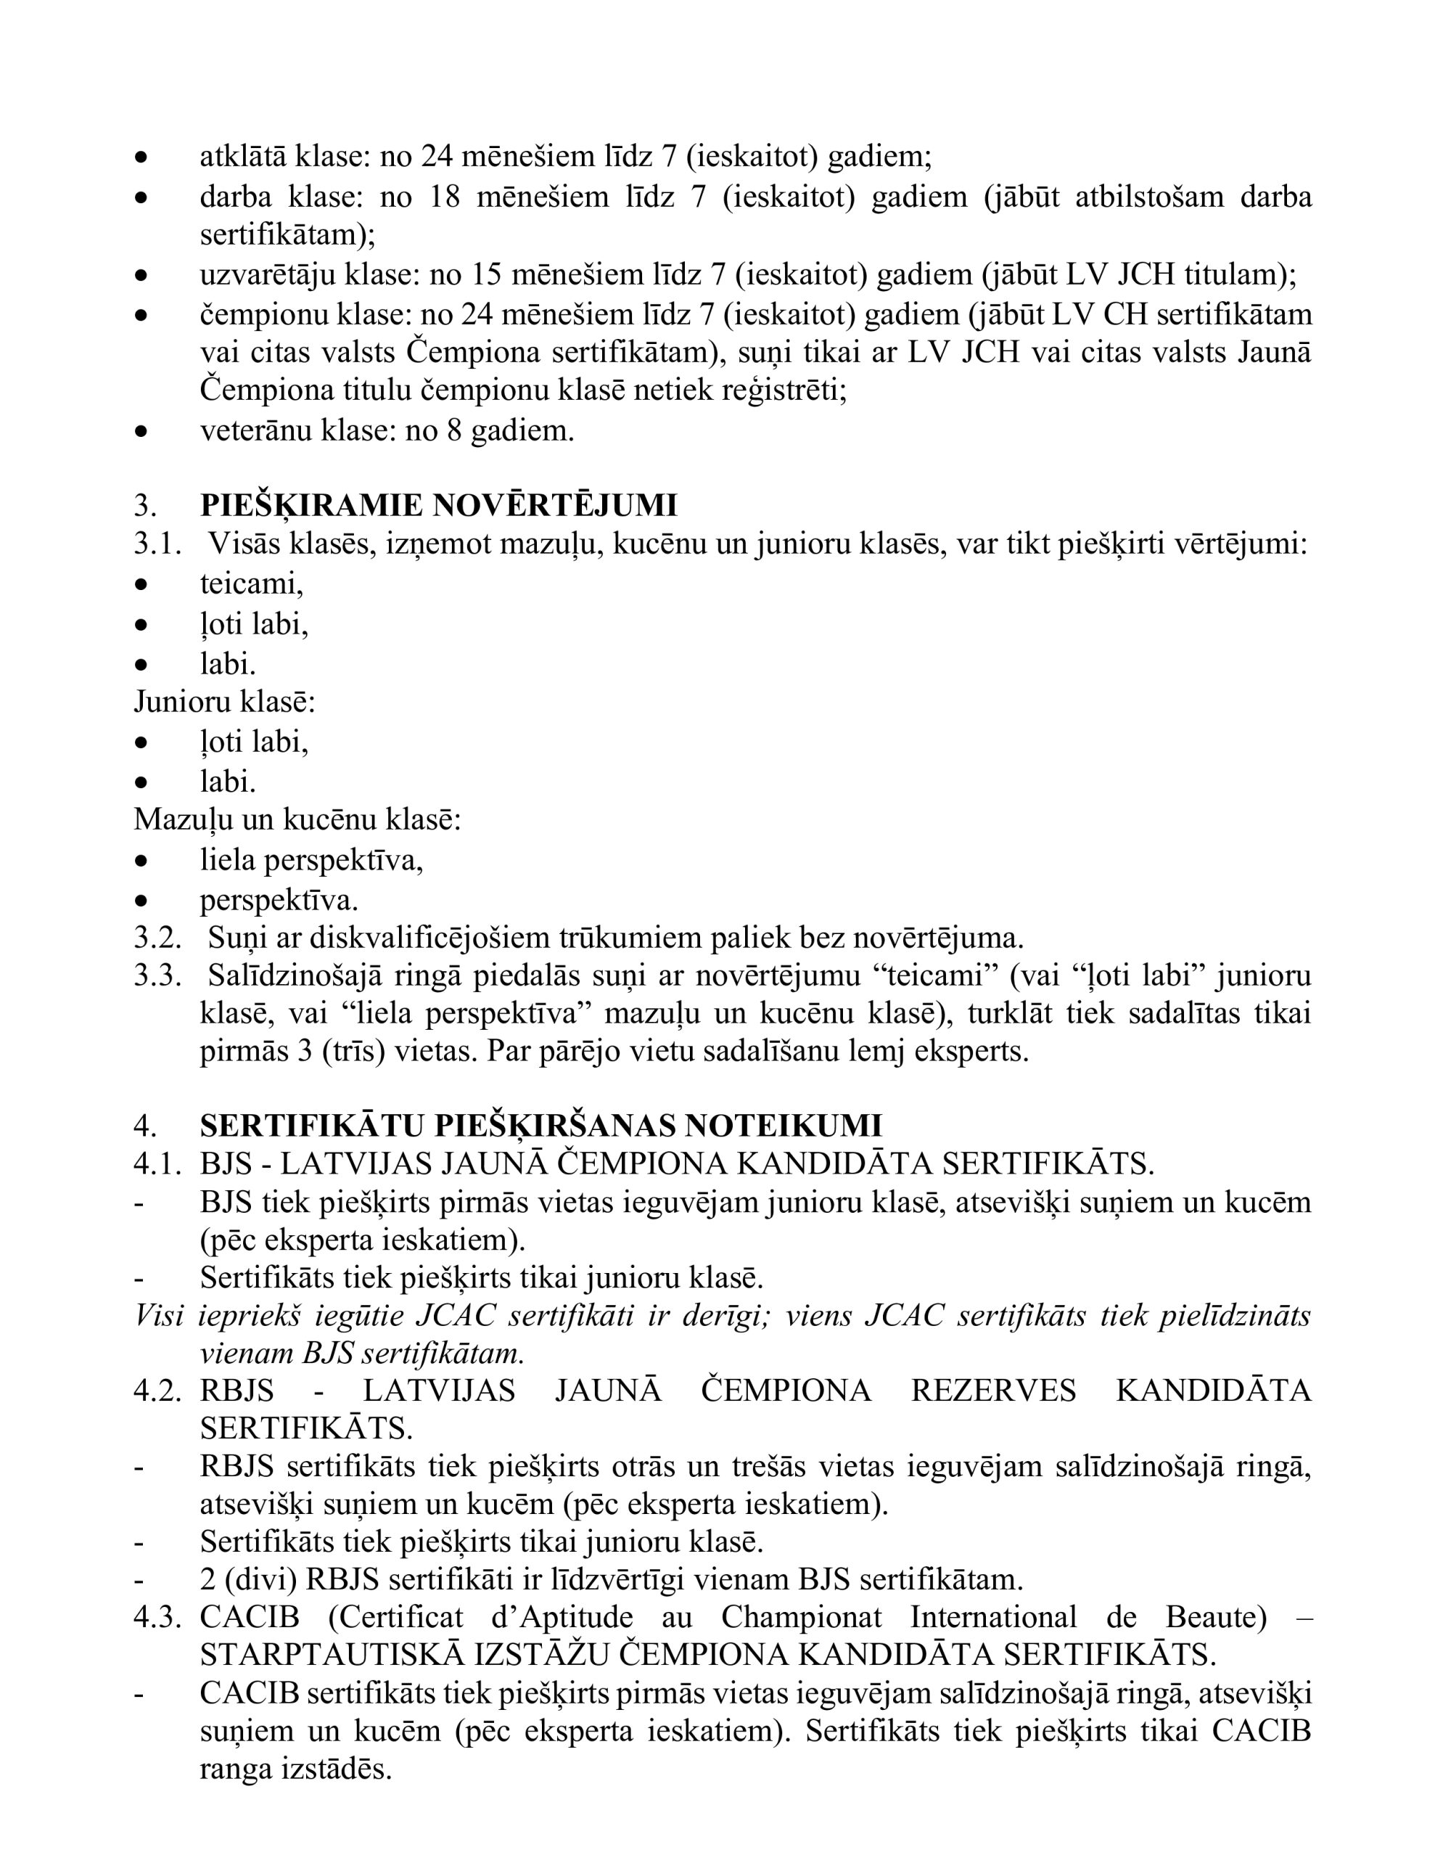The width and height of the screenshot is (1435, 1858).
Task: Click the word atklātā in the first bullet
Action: pos(243,157)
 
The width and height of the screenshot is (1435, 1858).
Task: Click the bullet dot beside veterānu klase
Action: pos(141,431)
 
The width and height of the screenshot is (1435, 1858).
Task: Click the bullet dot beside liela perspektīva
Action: pos(141,861)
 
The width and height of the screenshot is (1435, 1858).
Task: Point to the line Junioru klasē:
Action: pos(225,702)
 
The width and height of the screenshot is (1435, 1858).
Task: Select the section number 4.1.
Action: pos(157,1164)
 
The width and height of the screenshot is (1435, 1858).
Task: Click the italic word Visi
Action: pos(159,1315)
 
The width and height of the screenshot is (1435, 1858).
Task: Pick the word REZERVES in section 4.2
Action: pos(992,1390)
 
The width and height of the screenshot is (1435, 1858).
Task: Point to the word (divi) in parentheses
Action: pos(260,1580)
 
